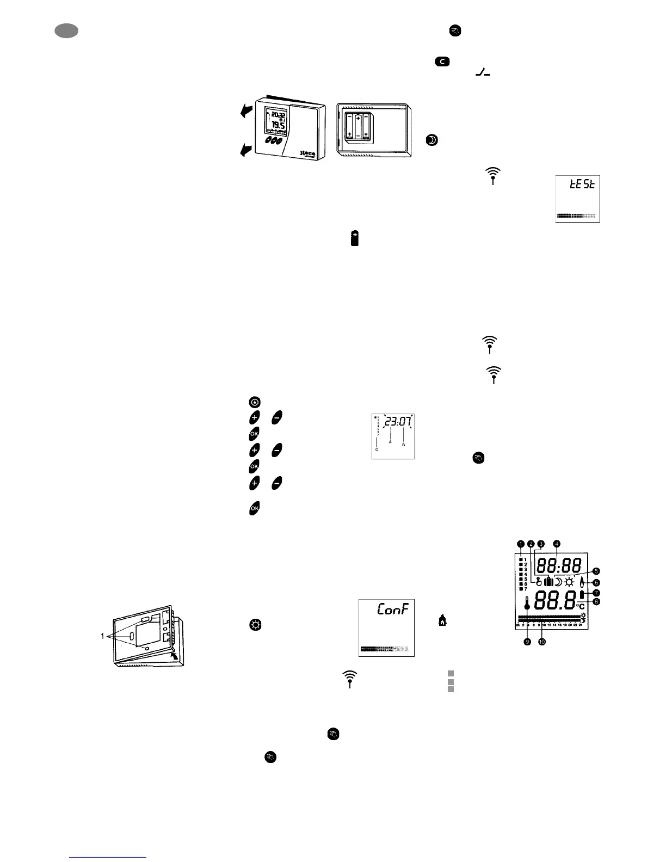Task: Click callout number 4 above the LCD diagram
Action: pos(556,543)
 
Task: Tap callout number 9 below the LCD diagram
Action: pos(527,642)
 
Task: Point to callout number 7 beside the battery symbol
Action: pos(596,592)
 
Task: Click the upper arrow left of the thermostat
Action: pos(246,111)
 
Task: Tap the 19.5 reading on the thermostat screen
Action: pos(278,125)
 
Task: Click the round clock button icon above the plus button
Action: pos(254,402)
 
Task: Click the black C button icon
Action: pos(441,61)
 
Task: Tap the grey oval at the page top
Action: pos(66,32)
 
